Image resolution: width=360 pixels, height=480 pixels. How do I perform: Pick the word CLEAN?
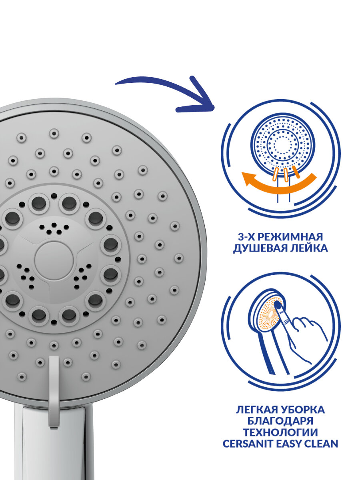(322, 444)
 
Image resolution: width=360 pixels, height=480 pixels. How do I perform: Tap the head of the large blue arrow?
(202, 102)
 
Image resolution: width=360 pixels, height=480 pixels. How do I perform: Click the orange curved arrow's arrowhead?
(247, 178)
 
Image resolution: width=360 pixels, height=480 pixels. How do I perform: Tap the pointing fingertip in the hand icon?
(278, 306)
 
